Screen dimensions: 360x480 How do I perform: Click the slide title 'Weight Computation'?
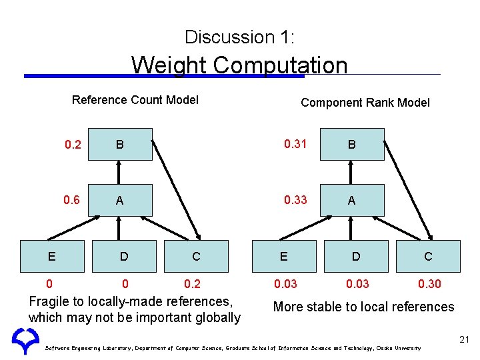click(x=239, y=65)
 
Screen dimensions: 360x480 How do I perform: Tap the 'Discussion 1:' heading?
click(x=239, y=37)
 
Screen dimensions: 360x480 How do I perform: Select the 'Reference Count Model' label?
click(x=135, y=100)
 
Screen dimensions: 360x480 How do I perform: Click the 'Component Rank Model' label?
click(x=365, y=103)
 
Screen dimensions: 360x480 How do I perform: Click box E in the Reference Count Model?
click(x=52, y=257)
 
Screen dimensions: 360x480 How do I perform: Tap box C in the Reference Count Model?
click(x=196, y=257)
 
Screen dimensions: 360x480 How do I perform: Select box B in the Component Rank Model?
click(x=352, y=145)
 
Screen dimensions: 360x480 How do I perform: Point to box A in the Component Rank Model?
click(x=352, y=201)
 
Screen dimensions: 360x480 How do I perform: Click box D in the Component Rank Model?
click(x=356, y=257)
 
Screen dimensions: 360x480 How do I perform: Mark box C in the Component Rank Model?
click(x=428, y=257)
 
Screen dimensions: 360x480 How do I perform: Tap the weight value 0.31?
click(x=295, y=144)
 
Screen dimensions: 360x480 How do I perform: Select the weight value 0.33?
click(x=295, y=200)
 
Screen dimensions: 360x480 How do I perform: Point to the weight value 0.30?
click(x=429, y=284)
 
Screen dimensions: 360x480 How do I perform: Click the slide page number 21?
click(x=465, y=341)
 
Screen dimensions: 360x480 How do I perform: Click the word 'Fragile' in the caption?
click(x=51, y=301)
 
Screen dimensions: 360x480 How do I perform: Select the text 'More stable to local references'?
click(x=363, y=307)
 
